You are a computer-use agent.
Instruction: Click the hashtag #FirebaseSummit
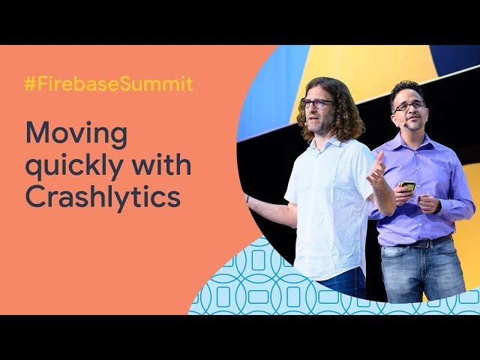[x=109, y=84]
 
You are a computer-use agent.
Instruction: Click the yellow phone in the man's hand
[x=408, y=185]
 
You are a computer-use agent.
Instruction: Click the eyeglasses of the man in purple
[x=409, y=106]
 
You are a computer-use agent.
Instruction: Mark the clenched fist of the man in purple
[x=429, y=203]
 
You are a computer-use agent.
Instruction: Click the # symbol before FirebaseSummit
[x=30, y=84]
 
